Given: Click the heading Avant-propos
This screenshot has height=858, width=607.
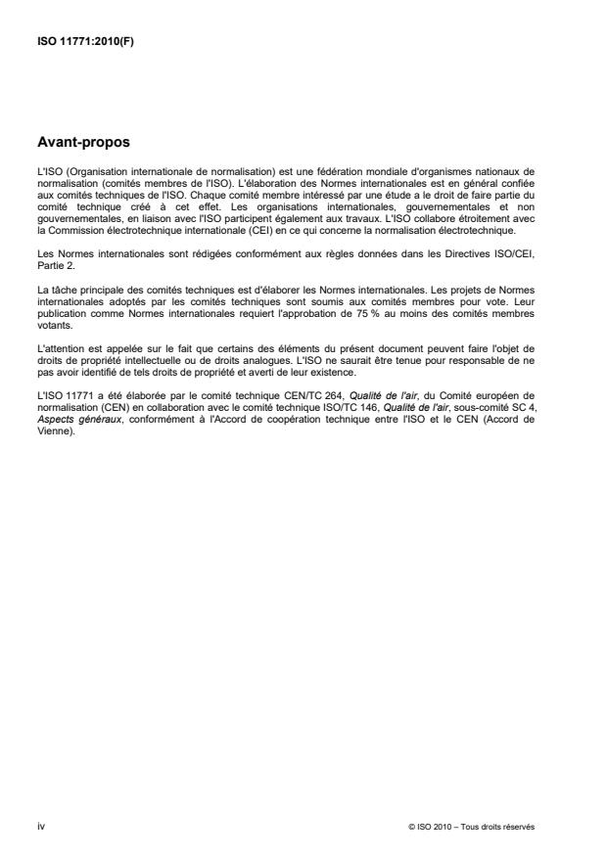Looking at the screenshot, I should (82, 142).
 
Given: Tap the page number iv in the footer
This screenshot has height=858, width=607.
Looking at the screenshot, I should (40, 826).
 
